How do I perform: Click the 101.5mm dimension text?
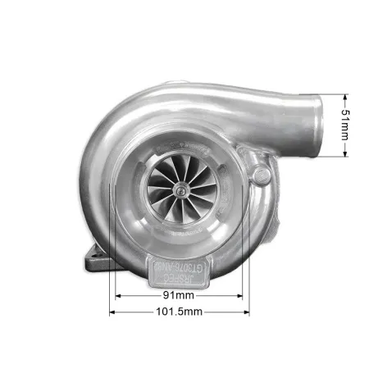pos(179,312)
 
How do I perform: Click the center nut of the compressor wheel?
pos(180,189)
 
